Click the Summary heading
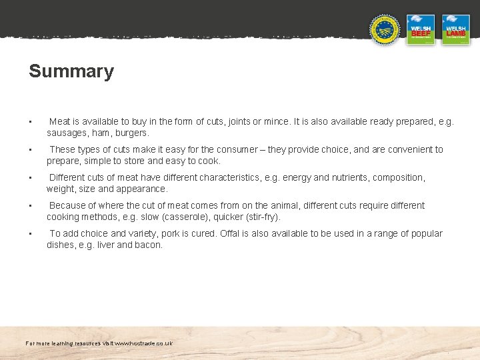coord(71,71)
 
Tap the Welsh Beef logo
coord(421,30)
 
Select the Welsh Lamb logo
coord(456,30)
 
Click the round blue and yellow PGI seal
coord(385,30)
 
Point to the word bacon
coord(149,245)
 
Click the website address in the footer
coord(143,343)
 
